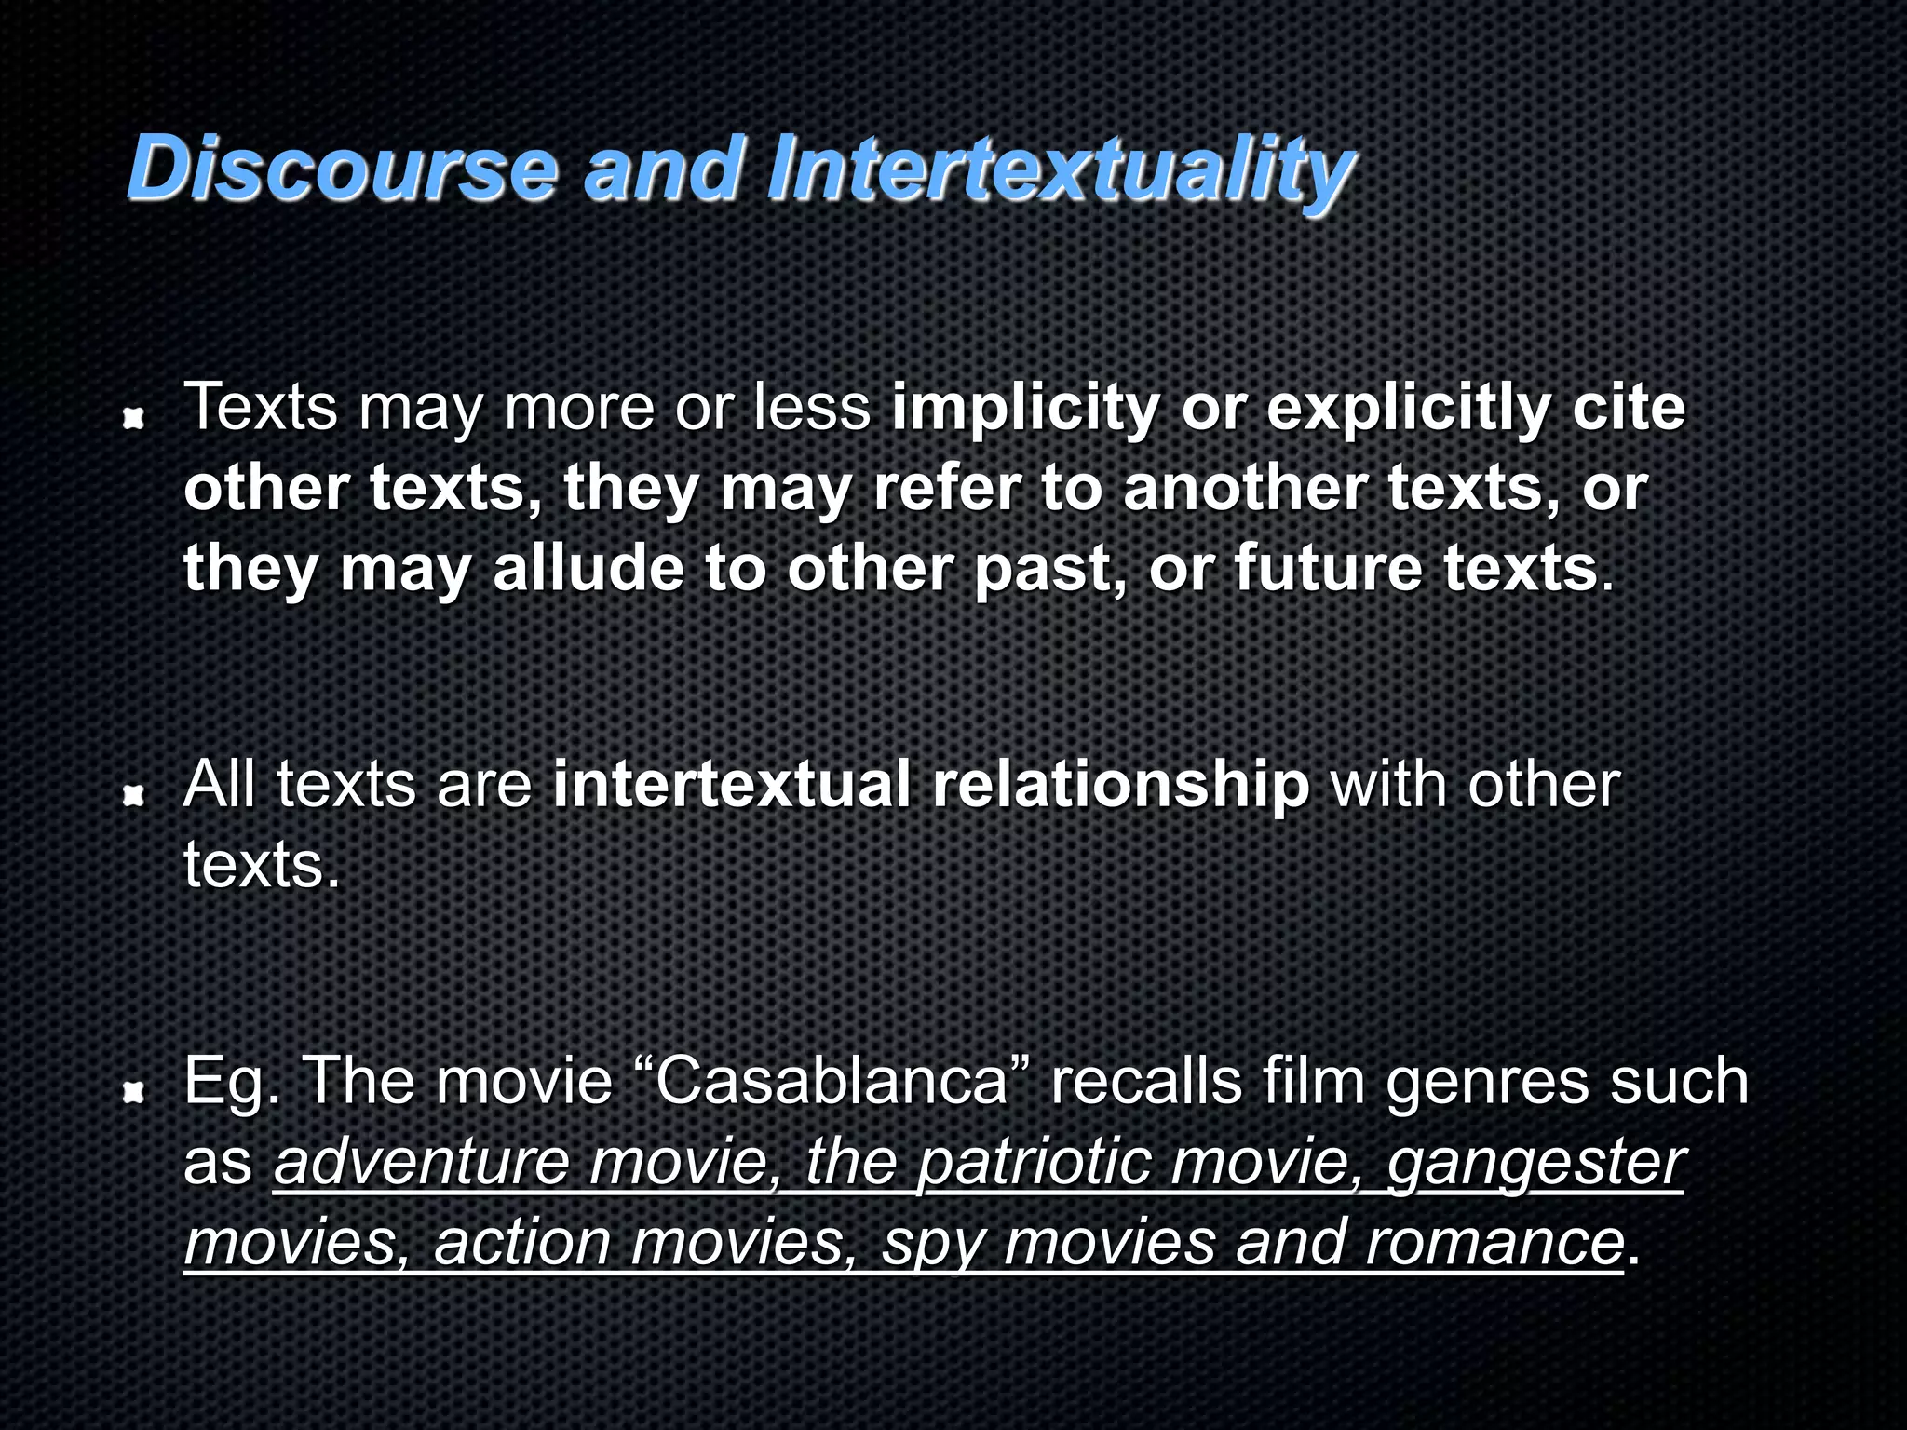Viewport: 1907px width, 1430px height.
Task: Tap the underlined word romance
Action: [x=1494, y=1243]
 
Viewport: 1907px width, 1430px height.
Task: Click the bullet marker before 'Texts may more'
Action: [x=135, y=420]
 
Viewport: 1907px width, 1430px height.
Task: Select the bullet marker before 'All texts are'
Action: [x=135, y=795]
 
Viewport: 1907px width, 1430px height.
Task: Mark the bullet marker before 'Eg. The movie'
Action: [x=135, y=1092]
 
